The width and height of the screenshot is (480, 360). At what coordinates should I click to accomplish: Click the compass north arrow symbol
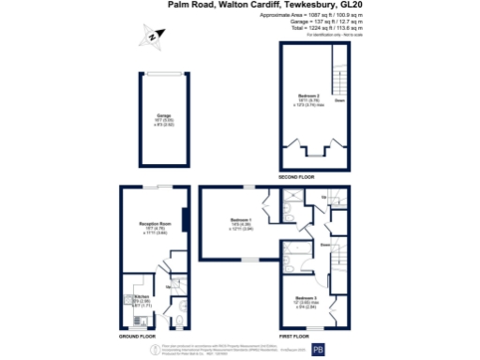(x=154, y=37)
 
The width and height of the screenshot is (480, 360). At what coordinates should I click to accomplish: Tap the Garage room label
(x=150, y=115)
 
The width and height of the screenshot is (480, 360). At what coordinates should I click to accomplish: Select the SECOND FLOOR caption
(x=296, y=176)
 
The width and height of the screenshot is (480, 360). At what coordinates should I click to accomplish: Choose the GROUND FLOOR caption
(x=138, y=335)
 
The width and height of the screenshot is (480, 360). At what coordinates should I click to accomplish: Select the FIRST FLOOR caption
(x=295, y=335)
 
